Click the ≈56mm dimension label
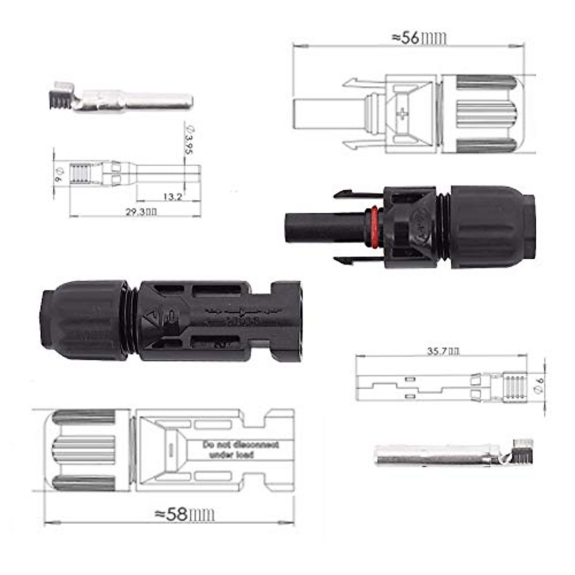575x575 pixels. pyautogui.click(x=419, y=38)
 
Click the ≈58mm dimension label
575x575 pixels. pyautogui.click(x=184, y=515)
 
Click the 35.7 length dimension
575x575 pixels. pyautogui.click(x=443, y=351)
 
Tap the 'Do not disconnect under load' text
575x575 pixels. pyautogui.click(x=240, y=449)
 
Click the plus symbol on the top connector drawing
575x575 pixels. pyautogui.click(x=403, y=114)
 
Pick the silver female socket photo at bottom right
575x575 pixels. pyautogui.click(x=450, y=454)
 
